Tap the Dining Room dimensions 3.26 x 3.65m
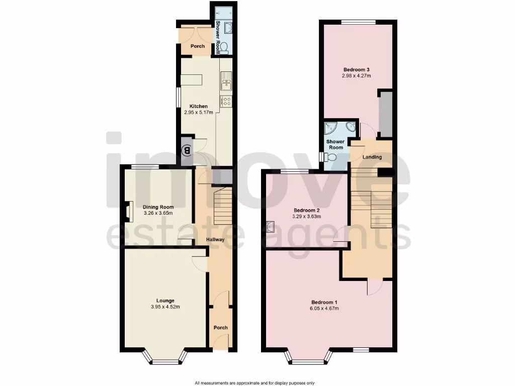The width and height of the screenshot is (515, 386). (x=158, y=213)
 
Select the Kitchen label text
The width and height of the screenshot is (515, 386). (x=198, y=106)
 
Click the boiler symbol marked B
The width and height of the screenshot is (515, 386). (x=187, y=149)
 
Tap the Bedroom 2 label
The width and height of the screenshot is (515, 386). (x=307, y=210)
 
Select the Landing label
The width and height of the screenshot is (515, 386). (x=372, y=157)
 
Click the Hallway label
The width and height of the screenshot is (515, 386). (x=215, y=240)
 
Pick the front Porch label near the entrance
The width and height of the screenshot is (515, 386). (x=220, y=328)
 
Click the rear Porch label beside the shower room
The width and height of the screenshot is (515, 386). (x=198, y=46)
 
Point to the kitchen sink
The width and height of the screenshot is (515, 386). (x=226, y=79)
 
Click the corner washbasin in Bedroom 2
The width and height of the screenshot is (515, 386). (x=271, y=227)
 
